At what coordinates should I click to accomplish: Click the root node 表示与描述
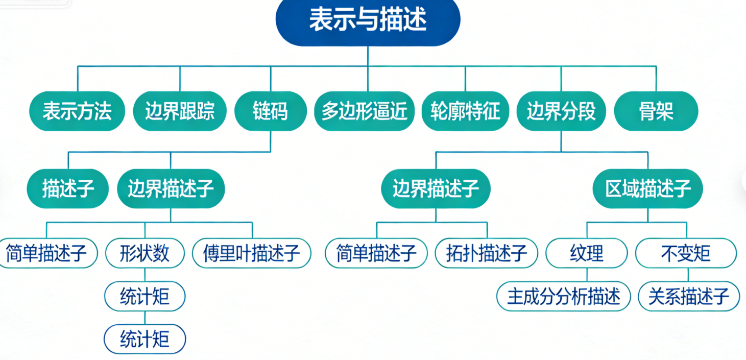[368, 21]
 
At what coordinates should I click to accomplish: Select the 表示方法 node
[77, 111]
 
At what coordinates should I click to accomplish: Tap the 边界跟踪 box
[180, 111]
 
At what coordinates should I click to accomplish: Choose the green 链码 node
[271, 111]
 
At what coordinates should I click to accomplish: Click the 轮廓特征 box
[465, 111]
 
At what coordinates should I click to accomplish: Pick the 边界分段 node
[561, 111]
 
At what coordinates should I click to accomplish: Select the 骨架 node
[656, 111]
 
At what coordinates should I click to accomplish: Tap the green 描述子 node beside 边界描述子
[68, 189]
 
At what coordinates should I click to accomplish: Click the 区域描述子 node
[647, 189]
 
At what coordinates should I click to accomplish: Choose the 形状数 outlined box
[145, 253]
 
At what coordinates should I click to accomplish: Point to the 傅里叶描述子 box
[252, 253]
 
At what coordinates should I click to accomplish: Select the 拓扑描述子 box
[487, 253]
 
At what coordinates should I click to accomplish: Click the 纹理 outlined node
[587, 253]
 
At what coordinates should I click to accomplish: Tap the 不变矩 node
[686, 253]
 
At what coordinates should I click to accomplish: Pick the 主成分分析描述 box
[563, 296]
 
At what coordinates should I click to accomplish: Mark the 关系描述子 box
[689, 296]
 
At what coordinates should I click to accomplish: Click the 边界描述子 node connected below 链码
[171, 189]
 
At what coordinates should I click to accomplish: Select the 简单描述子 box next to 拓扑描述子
[376, 253]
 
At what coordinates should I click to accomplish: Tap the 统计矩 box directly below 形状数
[145, 296]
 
